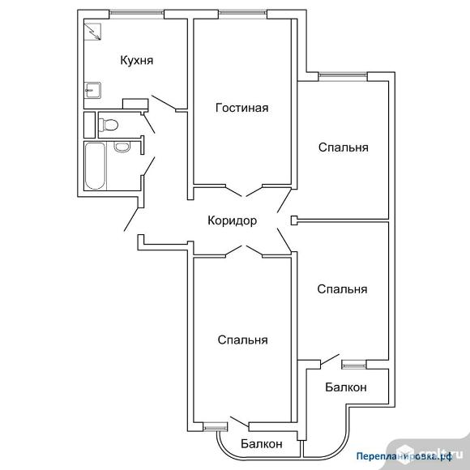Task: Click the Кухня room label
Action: (x=137, y=60)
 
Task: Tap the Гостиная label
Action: (x=242, y=108)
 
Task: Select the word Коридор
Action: (x=233, y=221)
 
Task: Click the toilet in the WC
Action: (x=109, y=125)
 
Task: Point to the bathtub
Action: (x=95, y=166)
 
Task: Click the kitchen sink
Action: (x=92, y=90)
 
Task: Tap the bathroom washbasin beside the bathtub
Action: (x=122, y=147)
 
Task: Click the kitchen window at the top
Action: (x=136, y=13)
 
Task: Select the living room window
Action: (x=242, y=13)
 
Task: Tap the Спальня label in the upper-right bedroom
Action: (x=344, y=147)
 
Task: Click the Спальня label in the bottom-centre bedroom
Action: (x=242, y=340)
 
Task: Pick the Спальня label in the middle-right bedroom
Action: (x=342, y=289)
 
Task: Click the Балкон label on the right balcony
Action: (x=346, y=387)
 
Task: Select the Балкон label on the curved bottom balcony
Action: (x=262, y=443)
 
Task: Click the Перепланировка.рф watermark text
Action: (x=404, y=456)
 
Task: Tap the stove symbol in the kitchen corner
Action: (x=92, y=32)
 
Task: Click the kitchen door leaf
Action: (x=164, y=102)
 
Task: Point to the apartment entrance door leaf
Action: (x=131, y=219)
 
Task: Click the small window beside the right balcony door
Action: (x=354, y=365)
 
